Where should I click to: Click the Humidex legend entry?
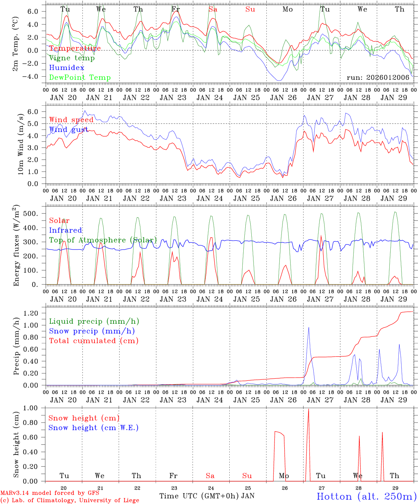point(67,68)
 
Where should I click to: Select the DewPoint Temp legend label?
point(80,77)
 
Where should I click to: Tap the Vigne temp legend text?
point(72,58)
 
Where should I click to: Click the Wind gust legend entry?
point(69,129)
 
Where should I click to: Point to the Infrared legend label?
point(65,230)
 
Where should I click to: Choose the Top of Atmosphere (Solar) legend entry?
point(103,240)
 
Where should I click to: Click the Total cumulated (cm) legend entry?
point(93,341)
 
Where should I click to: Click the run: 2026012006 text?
point(378,77)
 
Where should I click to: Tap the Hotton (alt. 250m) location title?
point(366,496)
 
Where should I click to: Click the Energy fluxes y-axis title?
point(16,246)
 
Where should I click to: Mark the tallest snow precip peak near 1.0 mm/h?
point(308,328)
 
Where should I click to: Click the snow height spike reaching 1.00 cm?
point(308,409)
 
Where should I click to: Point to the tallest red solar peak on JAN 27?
point(321,236)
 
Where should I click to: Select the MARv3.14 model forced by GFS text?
point(50,493)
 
